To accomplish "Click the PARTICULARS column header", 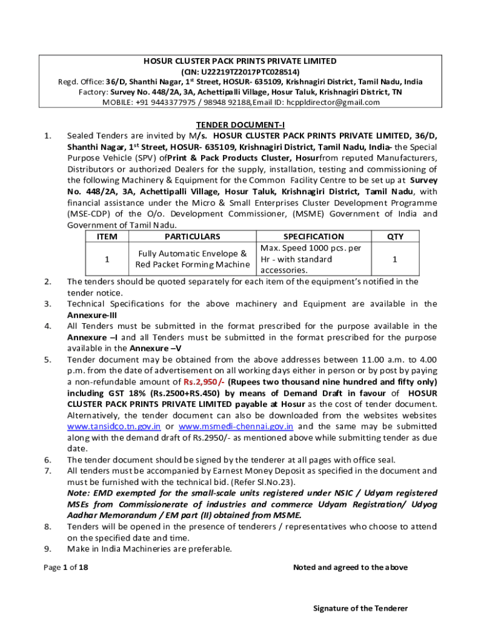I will (192, 236).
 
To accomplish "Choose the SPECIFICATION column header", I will (313, 236).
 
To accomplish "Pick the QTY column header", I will (395, 236).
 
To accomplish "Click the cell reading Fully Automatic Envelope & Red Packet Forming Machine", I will (192, 259).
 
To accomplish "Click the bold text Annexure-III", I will (88, 315).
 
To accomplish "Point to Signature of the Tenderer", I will (360, 608).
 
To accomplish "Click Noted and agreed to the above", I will (350, 567).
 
